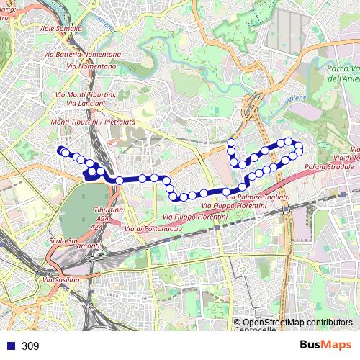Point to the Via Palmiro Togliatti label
pyautogui.click(x=258, y=197)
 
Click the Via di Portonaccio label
pyautogui.click(x=151, y=228)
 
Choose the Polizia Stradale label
pyautogui.click(x=326, y=167)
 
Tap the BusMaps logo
pyautogui.click(x=326, y=346)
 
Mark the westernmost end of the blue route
pyautogui.click(x=59, y=150)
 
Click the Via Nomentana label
pyautogui.click(x=91, y=66)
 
